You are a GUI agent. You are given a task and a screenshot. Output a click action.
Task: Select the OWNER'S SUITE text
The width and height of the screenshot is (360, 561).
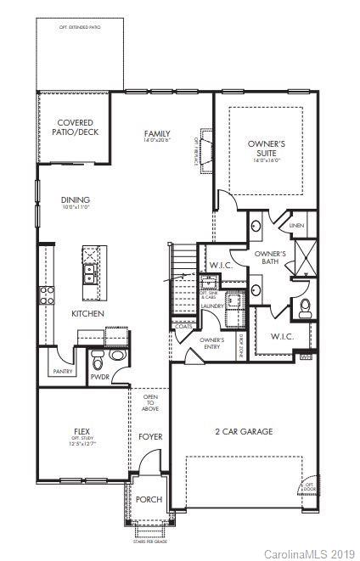[266, 149]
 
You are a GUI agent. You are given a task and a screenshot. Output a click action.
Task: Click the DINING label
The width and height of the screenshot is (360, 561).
[75, 200]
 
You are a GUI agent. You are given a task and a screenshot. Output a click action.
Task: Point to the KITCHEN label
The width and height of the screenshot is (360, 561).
[87, 314]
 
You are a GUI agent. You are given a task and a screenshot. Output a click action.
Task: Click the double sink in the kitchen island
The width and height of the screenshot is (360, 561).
[88, 273]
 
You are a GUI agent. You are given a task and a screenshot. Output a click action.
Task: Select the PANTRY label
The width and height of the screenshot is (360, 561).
[62, 371]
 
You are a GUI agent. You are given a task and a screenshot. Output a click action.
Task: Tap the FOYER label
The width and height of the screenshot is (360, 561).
[150, 436]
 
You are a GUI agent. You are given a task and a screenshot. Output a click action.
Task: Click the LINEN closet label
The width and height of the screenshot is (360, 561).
[295, 226]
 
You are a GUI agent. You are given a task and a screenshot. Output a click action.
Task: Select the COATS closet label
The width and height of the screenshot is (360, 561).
[183, 326]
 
